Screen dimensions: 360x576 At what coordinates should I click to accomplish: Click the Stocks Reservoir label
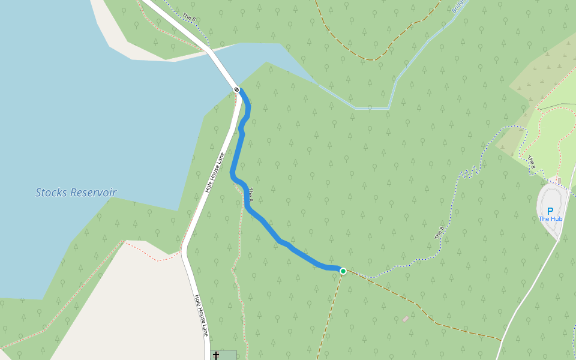coord(76,193)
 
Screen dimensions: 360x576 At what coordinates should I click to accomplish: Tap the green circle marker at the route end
coord(343,271)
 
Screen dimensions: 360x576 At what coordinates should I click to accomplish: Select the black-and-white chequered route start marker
coord(236,89)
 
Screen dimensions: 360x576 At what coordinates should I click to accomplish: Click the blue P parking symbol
coord(550,211)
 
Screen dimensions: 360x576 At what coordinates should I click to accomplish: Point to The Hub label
coord(550,219)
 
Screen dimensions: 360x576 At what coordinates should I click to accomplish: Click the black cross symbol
coord(216,356)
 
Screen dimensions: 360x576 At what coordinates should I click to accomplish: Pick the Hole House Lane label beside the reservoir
coord(214,172)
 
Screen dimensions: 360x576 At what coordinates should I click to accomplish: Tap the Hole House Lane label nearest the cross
coord(201,315)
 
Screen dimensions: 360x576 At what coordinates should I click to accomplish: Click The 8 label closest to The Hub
coord(532,161)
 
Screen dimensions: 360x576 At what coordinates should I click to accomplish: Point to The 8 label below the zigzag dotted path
coord(440,233)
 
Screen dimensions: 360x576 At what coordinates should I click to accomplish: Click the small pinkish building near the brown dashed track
coord(406,319)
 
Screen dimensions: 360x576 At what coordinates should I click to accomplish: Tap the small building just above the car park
coord(559,181)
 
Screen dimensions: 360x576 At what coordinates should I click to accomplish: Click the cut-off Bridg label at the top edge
coord(458,6)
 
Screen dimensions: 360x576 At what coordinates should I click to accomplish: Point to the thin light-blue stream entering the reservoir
coord(372,108)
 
